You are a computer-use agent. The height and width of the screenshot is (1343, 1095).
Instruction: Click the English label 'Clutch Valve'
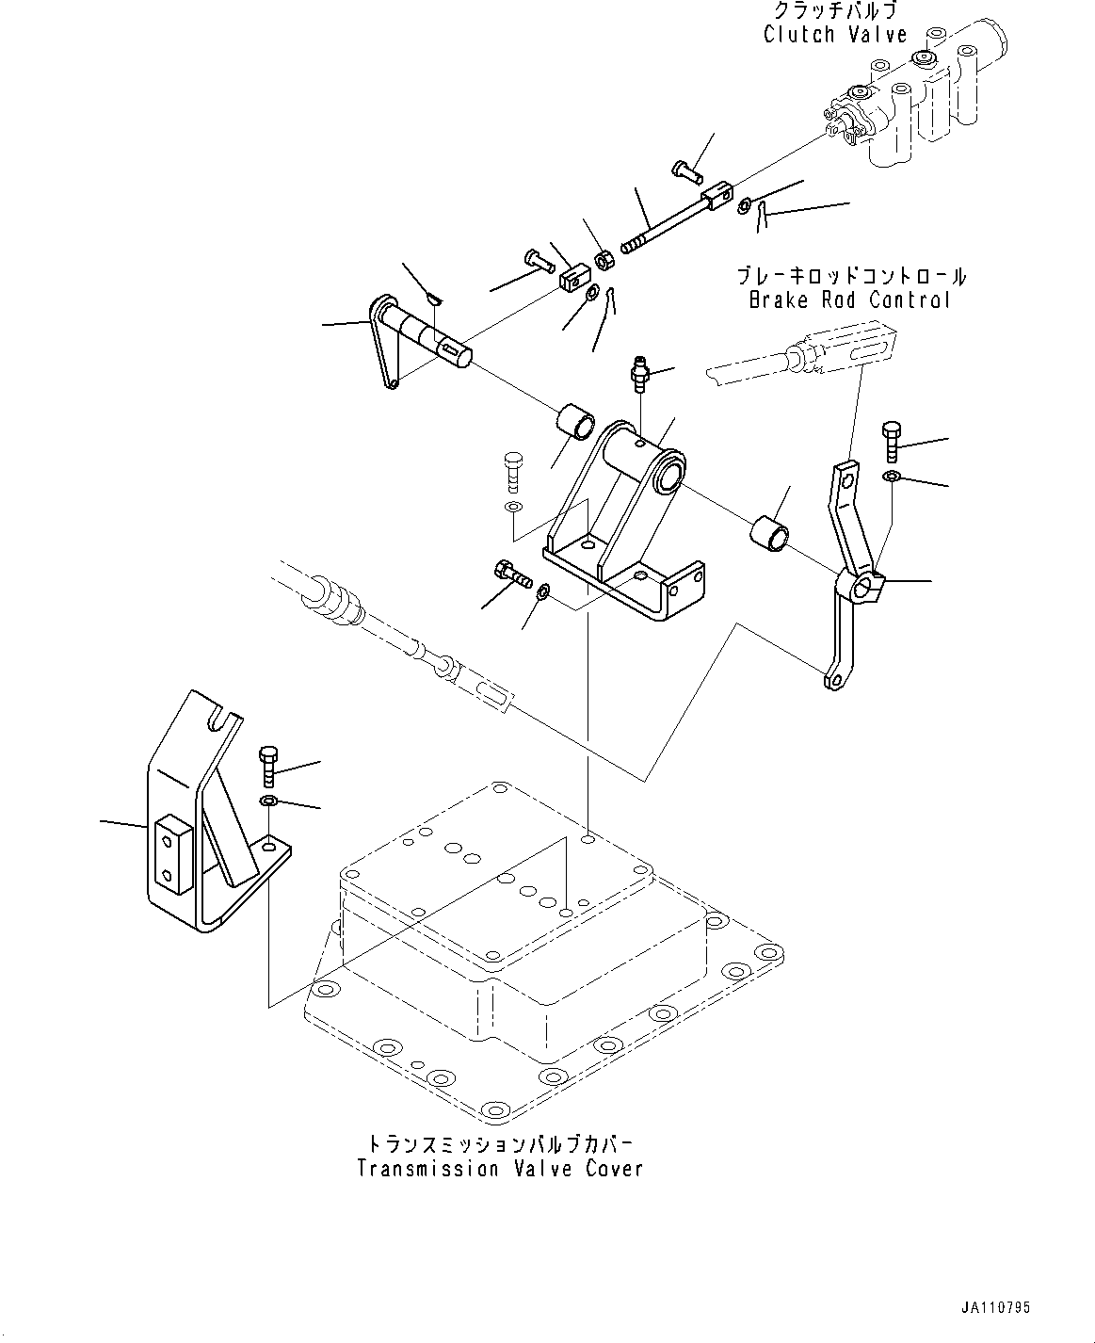(834, 35)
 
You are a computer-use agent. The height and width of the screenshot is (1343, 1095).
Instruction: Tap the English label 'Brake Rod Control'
(849, 300)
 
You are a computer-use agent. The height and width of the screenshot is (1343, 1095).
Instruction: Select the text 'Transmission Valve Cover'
(500, 1169)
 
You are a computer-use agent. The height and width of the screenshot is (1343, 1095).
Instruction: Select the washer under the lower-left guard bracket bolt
(268, 801)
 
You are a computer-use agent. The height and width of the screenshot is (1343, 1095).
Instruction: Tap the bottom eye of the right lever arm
(829, 680)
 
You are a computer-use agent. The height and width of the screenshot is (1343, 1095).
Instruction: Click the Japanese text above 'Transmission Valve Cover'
(500, 1143)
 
